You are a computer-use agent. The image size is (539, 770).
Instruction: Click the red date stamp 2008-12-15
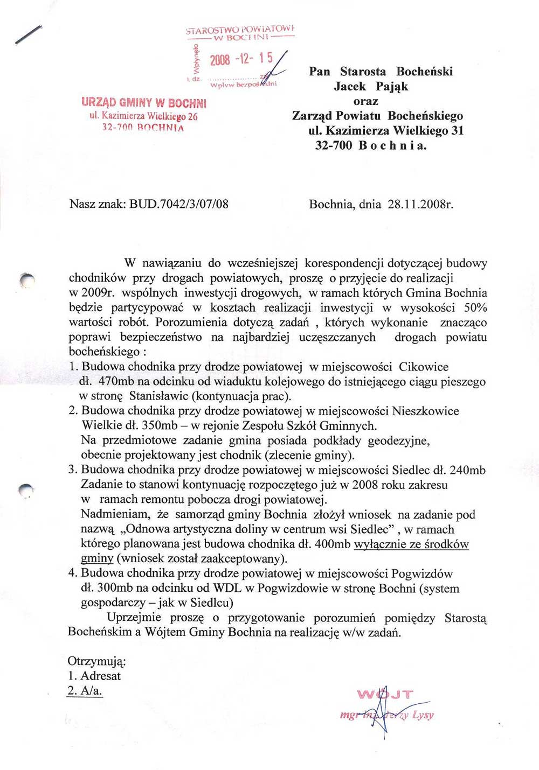[241, 59]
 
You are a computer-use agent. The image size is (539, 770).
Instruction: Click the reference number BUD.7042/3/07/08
[179, 204]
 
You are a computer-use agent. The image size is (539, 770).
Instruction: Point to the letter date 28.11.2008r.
[420, 204]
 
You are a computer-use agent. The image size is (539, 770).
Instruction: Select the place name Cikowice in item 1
[424, 367]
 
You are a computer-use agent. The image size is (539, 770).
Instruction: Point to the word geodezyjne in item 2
[399, 440]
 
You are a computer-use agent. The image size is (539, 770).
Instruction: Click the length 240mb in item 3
[467, 470]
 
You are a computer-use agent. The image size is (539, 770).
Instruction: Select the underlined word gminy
[97, 558]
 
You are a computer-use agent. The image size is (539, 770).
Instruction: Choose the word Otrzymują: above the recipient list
[97, 661]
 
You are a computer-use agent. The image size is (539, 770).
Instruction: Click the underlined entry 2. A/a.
[85, 691]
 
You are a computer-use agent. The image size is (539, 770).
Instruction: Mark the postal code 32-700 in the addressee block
[334, 145]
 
